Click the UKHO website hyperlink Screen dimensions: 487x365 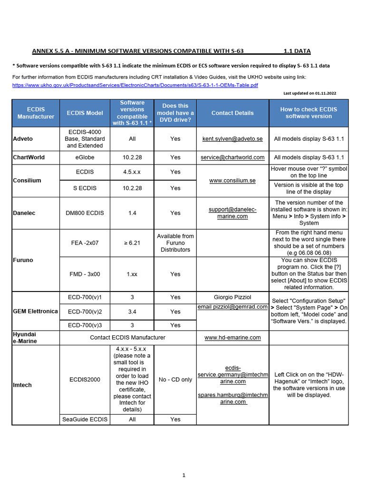[135, 85]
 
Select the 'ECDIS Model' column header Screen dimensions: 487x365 [85, 113]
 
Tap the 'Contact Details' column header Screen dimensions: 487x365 [232, 113]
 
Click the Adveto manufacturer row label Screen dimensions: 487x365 [23, 139]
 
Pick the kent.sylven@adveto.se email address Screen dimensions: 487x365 [232, 139]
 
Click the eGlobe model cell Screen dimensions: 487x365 [85, 157]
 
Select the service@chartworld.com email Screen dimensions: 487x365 [232, 157]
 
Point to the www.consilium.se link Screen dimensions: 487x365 [232, 180]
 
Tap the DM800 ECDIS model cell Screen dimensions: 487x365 [85, 213]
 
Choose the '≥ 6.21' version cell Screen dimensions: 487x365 [132, 243]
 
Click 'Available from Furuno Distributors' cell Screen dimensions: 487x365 [175, 243]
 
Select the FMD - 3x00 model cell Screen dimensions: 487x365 [85, 274]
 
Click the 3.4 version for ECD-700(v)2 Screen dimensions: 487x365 [132, 312]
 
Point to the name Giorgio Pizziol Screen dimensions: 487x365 [232, 297]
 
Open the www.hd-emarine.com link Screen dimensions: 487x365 [232, 338]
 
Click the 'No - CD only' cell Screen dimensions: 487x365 [175, 380]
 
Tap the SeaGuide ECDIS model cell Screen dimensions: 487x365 [85, 419]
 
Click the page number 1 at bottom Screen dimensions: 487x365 [183, 475]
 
